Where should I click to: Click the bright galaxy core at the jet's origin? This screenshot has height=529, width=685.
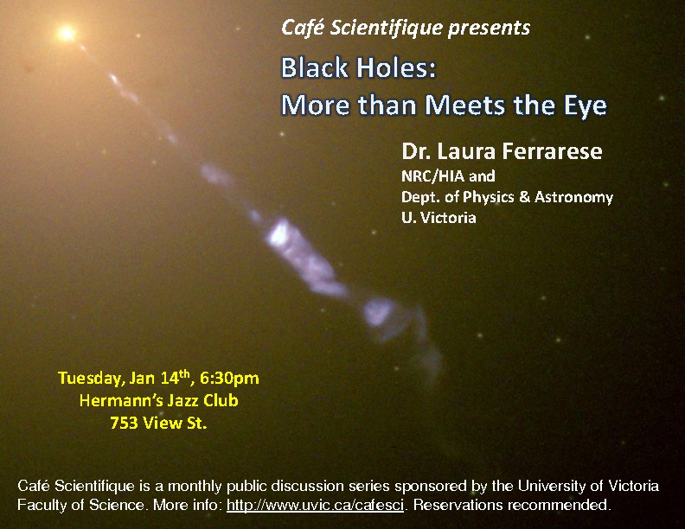67,33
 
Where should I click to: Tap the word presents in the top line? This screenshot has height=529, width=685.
489,29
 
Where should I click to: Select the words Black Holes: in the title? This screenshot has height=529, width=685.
358,68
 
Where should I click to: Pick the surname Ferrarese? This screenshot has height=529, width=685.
552,151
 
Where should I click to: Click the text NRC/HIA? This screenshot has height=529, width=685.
433,175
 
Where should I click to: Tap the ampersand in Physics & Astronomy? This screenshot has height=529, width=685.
524,197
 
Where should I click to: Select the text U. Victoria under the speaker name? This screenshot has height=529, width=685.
439,217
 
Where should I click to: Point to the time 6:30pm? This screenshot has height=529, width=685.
229,378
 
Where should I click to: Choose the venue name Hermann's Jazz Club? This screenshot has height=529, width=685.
158,401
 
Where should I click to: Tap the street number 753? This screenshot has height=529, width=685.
125,423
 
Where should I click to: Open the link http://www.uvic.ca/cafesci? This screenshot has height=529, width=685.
315,505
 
